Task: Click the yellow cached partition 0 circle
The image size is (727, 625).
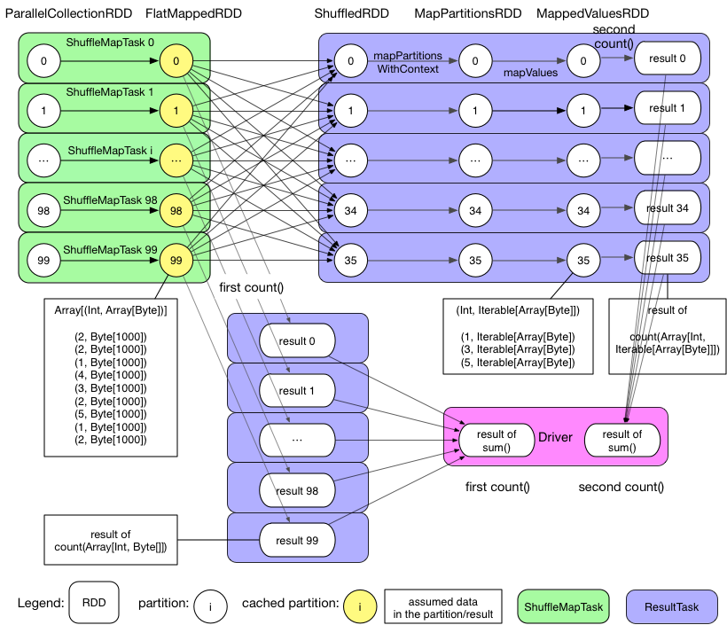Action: pos(176,61)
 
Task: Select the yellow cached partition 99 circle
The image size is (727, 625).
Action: pos(176,260)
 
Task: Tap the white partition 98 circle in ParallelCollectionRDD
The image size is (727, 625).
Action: pos(43,210)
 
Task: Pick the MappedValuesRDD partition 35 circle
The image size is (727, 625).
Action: pos(582,261)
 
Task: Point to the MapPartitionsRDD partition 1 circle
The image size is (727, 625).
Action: pos(476,111)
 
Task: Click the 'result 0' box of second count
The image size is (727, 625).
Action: pos(668,59)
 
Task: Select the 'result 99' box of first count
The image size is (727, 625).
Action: pos(297,538)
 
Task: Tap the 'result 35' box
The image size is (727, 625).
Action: pos(668,258)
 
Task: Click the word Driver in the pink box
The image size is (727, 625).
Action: pos(557,437)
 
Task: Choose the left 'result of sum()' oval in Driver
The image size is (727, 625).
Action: pos(496,440)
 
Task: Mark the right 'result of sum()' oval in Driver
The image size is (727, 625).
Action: pos(621,440)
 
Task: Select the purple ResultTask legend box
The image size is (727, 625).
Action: pos(671,606)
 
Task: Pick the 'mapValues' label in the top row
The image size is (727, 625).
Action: pos(530,74)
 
